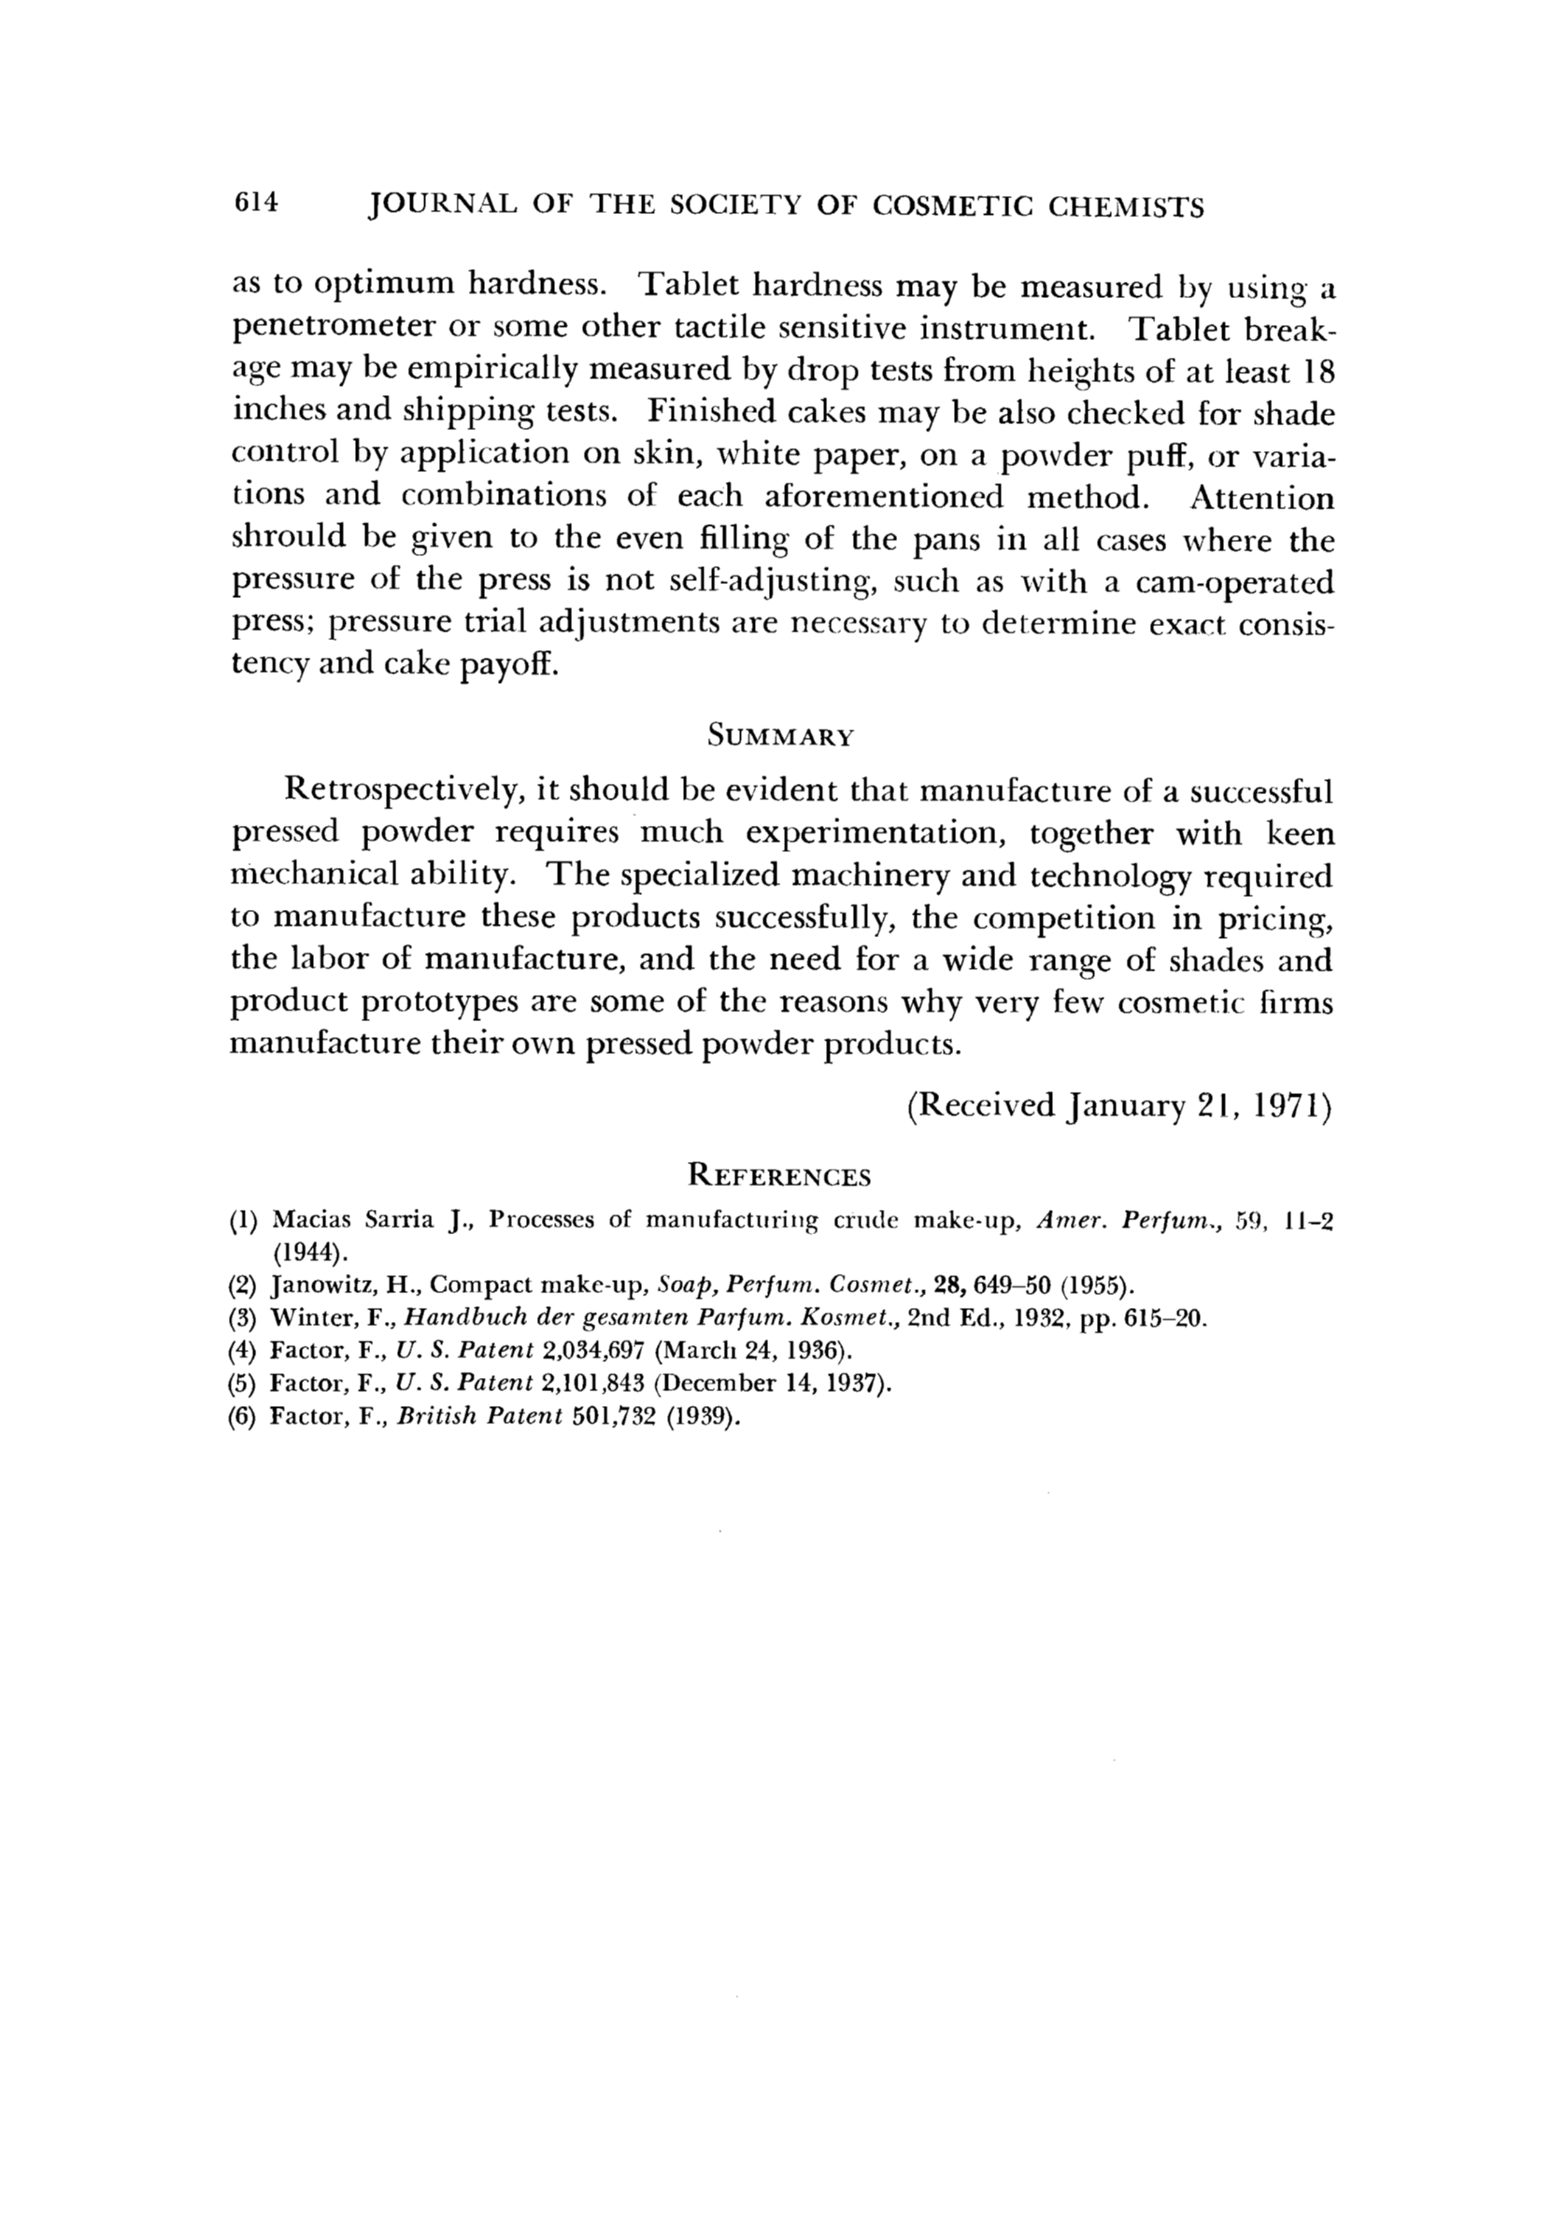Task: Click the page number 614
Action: pos(255,204)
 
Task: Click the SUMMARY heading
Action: pos(780,736)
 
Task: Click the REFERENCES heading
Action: pos(779,1177)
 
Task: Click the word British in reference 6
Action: pos(434,1417)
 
